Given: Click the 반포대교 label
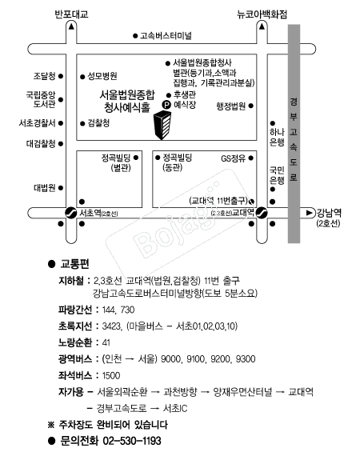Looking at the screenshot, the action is tap(71, 14).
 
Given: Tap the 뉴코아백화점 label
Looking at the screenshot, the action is tap(262, 14).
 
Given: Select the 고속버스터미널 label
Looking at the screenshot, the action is tap(166, 36).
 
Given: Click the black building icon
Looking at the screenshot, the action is tap(162, 126).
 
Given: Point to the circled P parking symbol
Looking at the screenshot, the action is tap(166, 105).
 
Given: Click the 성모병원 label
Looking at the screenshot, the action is tap(102, 76).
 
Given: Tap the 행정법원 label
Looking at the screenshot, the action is tap(231, 106).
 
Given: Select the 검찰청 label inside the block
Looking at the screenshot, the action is tap(98, 123).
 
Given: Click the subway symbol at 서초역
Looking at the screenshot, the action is tap(70, 213).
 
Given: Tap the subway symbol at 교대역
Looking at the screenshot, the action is tap(262, 213).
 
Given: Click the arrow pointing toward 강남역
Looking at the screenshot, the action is tap(309, 213).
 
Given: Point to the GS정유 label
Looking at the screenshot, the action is tap(233, 158).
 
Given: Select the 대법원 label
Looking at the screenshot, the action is tap(45, 188).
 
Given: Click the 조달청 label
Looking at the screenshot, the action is tap(45, 76).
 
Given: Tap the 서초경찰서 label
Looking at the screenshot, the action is tap(37, 123).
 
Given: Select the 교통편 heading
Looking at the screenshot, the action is tap(74, 264).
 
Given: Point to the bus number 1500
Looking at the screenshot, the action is tap(111, 375).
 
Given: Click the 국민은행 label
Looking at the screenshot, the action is tap(277, 175).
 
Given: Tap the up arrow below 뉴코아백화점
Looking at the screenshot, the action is tap(262, 27).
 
